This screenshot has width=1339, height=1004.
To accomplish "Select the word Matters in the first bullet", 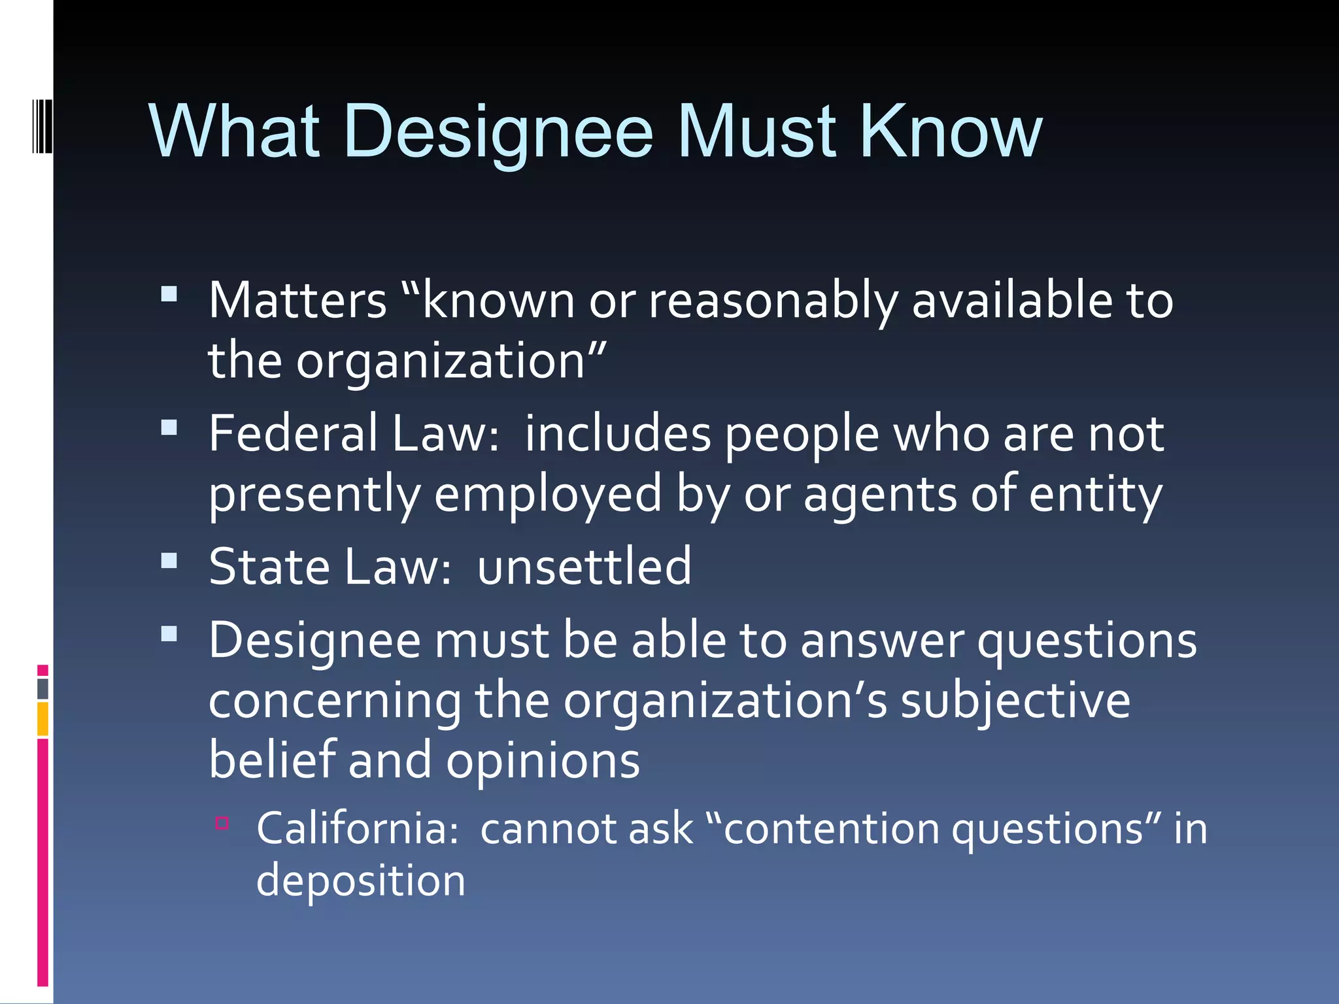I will coord(297,301).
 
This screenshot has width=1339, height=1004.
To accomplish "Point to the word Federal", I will coord(293,434).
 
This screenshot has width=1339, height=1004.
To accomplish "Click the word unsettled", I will coord(583,567).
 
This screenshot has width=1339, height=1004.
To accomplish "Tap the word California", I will coord(357,829).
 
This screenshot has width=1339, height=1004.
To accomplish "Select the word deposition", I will coord(360,881).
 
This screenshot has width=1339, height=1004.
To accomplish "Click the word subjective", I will coord(1015,701).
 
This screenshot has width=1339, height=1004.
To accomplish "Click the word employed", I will coord(548,495).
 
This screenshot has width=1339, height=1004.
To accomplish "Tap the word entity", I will coord(1096,495).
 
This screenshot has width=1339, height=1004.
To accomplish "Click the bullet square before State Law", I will coord(169,561).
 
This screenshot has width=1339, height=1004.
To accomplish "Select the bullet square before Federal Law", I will coord(169,428).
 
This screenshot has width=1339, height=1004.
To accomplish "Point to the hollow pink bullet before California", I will coord(222,822).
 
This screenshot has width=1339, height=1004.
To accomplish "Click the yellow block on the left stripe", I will coord(42,719).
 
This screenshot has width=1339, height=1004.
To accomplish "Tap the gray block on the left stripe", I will coord(42,689).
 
